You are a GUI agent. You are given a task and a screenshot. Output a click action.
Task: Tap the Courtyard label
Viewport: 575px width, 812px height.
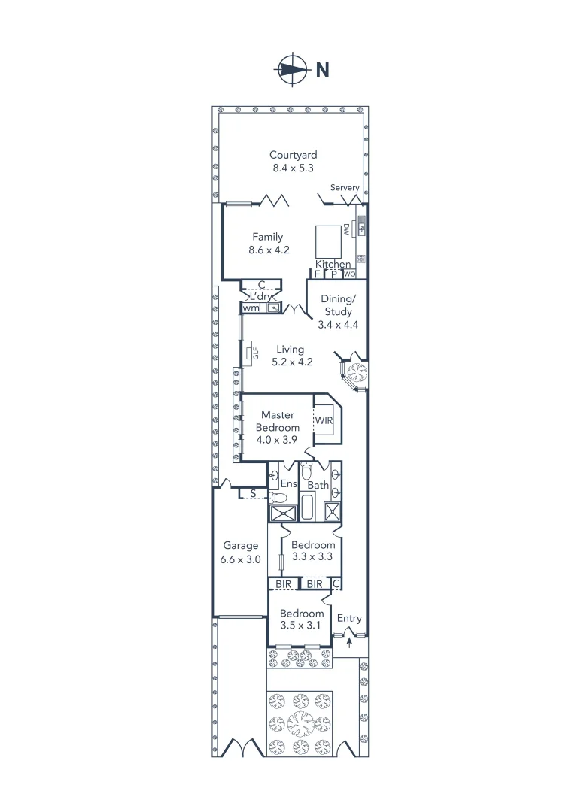click(293, 156)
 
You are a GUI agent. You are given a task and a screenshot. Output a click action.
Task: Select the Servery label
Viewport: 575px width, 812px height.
click(345, 187)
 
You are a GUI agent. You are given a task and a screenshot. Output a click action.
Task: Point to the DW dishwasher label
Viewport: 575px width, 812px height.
click(347, 229)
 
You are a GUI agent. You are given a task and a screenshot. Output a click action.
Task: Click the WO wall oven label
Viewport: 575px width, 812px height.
click(350, 274)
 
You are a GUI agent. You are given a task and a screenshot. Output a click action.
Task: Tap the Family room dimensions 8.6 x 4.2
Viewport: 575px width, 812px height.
click(269, 250)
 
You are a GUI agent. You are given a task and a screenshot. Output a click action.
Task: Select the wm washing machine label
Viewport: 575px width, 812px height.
click(250, 308)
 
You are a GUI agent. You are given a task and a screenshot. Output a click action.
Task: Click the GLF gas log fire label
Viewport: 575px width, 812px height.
click(255, 352)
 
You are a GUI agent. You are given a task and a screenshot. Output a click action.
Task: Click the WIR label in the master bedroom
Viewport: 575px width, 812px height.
click(324, 420)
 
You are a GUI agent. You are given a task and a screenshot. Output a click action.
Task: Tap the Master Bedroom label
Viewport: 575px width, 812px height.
click(277, 421)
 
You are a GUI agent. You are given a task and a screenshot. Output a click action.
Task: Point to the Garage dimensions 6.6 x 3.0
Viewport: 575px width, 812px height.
click(240, 559)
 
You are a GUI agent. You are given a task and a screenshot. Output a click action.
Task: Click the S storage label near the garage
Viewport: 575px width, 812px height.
click(254, 494)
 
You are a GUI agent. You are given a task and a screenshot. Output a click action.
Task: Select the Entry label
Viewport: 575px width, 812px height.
click(349, 618)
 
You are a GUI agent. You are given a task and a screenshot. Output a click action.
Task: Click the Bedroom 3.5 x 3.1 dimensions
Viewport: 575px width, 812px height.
click(301, 626)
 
